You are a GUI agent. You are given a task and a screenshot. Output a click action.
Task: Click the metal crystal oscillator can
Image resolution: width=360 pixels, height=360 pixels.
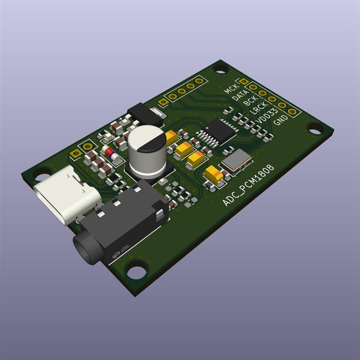pos(235,161)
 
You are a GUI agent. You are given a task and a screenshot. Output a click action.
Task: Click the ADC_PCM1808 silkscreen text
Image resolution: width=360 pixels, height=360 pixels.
pos(248,185)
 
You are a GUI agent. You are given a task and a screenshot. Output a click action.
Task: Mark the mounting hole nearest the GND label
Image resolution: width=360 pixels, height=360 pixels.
pos(317,129)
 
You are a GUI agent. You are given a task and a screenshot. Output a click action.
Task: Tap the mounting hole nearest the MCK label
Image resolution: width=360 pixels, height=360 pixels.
pos(220,69)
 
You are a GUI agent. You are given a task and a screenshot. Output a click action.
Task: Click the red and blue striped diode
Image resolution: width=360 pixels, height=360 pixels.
pos(111,153)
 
